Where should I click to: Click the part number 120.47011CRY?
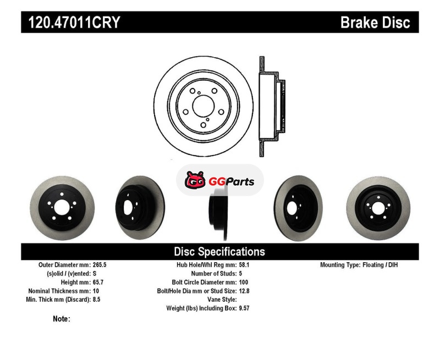click(74, 22)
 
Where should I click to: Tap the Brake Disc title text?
click(375, 22)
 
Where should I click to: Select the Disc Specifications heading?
click(219, 252)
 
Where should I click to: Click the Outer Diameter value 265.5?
click(100, 265)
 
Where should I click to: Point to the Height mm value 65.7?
click(98, 282)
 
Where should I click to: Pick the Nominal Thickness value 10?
click(96, 291)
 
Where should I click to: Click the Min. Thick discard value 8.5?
click(97, 300)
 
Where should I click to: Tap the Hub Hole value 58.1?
click(244, 265)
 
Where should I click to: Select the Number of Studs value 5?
click(240, 273)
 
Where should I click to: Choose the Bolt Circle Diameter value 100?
click(244, 282)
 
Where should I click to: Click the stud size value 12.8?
click(244, 291)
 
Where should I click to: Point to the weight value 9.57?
click(244, 308)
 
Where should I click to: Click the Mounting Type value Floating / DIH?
click(380, 265)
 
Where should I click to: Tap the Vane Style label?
click(222, 300)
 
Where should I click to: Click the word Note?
click(61, 319)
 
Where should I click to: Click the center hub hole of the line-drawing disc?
click(204, 106)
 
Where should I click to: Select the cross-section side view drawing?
click(272, 106)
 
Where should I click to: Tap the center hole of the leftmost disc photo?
click(62, 208)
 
